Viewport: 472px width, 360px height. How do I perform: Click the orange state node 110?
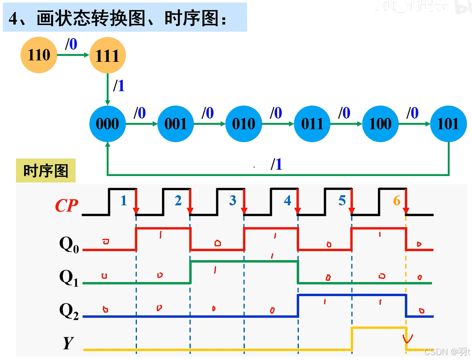pos(39,55)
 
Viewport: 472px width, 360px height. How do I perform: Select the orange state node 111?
pos(107,55)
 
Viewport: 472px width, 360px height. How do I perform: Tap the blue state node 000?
pos(107,124)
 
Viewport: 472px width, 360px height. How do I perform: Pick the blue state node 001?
pos(175,124)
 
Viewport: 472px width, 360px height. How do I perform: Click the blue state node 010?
pos(244,124)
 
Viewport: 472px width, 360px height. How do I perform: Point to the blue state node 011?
pos(312,124)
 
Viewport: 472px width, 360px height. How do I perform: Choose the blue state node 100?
pos(380,124)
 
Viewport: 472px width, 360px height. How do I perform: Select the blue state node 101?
pos(448,124)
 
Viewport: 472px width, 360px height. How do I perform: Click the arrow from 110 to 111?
pos(74,55)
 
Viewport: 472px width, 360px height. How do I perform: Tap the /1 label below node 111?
pos(119,86)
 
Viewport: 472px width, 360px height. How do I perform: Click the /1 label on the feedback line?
pos(276,164)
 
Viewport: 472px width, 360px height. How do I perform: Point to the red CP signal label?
pos(66,206)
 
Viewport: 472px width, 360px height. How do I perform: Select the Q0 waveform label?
pos(69,245)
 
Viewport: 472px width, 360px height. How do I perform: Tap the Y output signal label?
pos(68,343)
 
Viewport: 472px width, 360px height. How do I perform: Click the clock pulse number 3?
pos(232,200)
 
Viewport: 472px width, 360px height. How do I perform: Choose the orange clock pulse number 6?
pos(396,200)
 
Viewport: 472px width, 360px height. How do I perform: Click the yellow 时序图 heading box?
pos(45,171)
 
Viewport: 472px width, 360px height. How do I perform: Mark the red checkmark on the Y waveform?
pos(407,338)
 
